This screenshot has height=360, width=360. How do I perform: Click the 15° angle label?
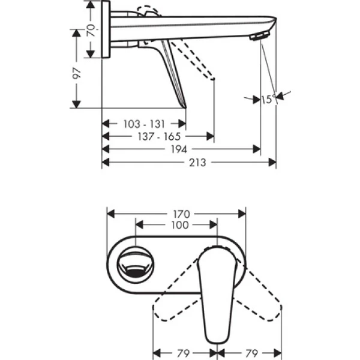268,99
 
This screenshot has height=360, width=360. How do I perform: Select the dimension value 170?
182,213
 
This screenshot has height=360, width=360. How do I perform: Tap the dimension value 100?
179,225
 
